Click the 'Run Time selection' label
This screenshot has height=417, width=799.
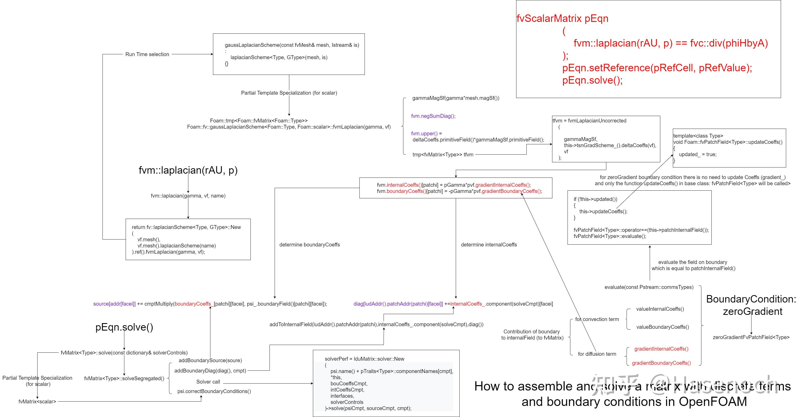coord(147,54)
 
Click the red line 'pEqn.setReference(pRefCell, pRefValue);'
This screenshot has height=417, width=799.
coord(657,68)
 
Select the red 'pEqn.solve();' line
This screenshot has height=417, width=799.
coord(592,80)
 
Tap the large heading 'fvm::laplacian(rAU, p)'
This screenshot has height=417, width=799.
coord(188,170)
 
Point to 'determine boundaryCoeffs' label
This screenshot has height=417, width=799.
coord(309,245)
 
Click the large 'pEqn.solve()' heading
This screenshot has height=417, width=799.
coord(124,327)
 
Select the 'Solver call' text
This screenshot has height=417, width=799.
coord(208,381)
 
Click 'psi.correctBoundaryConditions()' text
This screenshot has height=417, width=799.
coord(214,391)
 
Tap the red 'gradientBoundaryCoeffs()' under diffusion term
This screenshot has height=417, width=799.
coord(661,363)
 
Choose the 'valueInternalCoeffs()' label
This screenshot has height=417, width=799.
coord(660,309)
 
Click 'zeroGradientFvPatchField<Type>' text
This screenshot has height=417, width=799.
coord(751,337)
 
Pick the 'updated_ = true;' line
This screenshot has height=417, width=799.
coord(697,154)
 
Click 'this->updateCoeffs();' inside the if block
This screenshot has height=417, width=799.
coord(603,211)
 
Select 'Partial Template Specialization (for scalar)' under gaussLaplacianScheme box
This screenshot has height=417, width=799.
coord(289,93)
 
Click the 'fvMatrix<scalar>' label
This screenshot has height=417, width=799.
coord(37,402)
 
